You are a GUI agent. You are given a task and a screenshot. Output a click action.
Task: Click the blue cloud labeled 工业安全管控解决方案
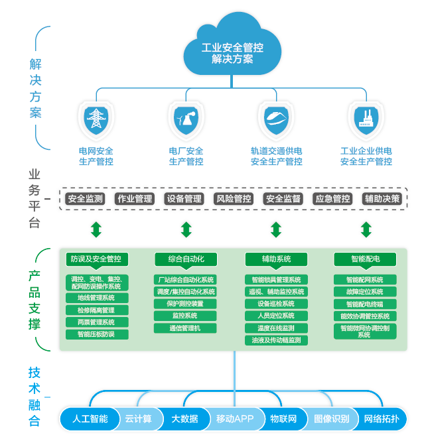pos(232,48)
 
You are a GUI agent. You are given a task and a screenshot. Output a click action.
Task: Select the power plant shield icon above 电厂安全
pos(186,119)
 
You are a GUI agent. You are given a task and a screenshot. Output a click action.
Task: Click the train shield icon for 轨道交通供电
pos(276,119)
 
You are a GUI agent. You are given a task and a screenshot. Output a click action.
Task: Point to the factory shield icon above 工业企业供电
pos(366,119)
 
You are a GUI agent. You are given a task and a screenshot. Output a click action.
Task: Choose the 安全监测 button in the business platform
pos(86,198)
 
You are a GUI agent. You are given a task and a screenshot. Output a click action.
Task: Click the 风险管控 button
pos(234,198)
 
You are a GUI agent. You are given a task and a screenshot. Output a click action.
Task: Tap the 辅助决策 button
pos(382,198)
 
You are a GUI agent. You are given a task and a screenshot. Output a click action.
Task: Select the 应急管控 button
pos(332,198)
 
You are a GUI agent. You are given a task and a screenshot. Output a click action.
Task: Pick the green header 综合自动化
pos(186,259)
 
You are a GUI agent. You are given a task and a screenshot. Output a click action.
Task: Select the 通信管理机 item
pos(186,328)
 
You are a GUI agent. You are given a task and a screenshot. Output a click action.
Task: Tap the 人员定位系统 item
pos(276,316)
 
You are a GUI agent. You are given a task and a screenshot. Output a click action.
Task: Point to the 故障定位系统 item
pos(365,292)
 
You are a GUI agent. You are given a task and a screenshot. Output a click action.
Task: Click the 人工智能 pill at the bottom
pos(90,419)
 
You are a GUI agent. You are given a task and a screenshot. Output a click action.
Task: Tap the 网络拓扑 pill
pos(382,419)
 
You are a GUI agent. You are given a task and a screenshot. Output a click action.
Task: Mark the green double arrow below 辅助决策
pos(366,230)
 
